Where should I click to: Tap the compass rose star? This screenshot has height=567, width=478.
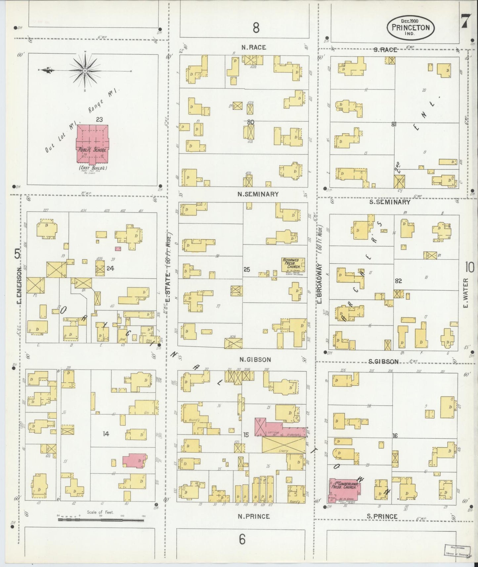tap(85, 71)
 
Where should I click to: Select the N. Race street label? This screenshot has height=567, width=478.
tap(254, 48)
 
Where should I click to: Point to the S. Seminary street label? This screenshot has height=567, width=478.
tap(390, 201)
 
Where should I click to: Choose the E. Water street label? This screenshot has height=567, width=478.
tap(466, 292)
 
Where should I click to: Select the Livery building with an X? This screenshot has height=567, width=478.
tap(283, 445)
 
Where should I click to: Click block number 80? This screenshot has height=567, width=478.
tap(250, 122)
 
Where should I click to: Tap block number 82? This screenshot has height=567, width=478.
tap(398, 281)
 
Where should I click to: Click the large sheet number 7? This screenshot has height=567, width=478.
tap(464, 22)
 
